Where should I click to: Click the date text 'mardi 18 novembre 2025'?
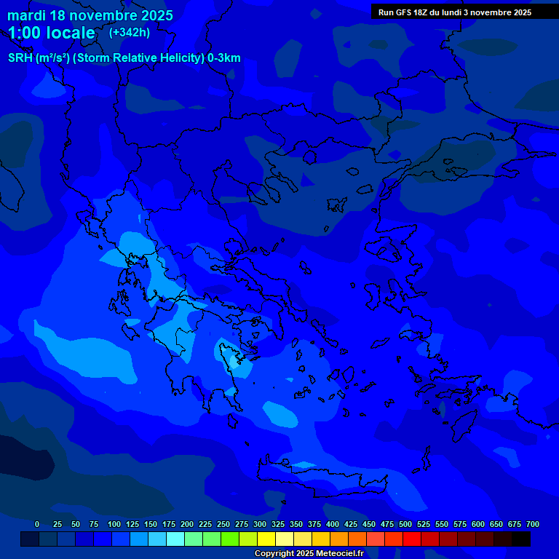coord(90,15)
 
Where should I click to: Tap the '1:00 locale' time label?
coord(52,33)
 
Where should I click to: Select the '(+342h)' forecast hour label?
coord(130,33)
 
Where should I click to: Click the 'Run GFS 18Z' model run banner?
coord(455,12)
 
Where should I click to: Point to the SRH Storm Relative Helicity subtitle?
coord(124,58)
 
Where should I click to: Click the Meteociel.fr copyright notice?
coord(309,554)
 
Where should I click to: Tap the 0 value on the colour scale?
coord(37,524)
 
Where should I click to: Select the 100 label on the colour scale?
coord(114,524)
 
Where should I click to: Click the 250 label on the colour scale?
coord(223,524)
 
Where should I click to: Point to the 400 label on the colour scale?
coord(333,524)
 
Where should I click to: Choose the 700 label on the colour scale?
coord(533,524)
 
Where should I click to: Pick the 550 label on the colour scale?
coord(442,524)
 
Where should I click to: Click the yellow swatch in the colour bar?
coord(266,539)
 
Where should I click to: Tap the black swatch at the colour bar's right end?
coord(520,539)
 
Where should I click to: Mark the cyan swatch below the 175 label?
coord(175,539)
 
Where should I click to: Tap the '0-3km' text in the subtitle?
coord(223,58)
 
